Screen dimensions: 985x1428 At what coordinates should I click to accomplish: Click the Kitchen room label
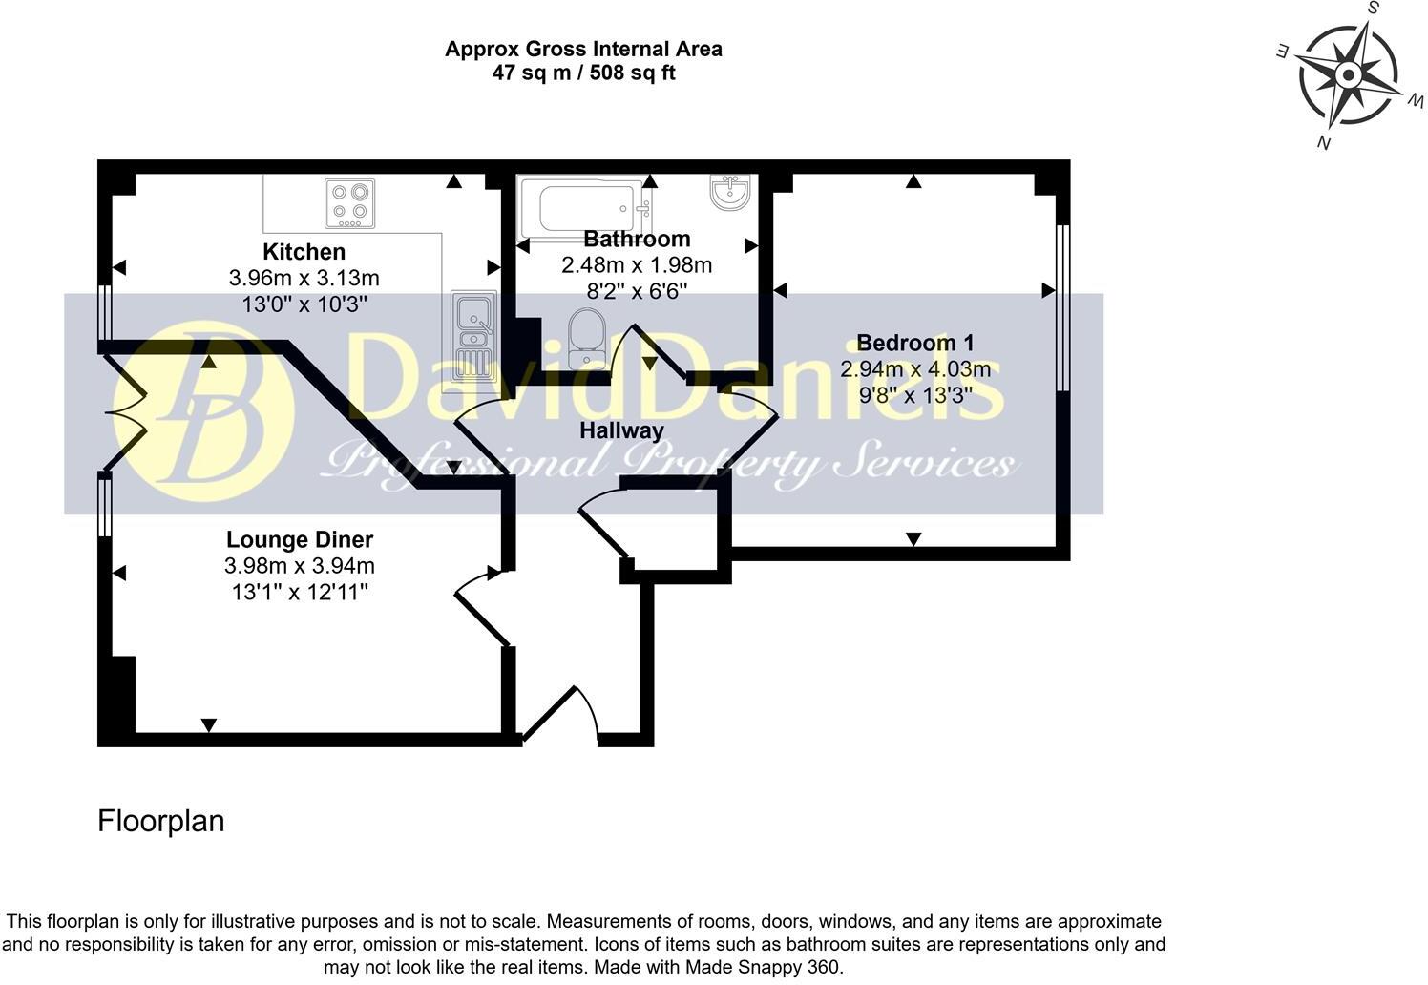coord(304,252)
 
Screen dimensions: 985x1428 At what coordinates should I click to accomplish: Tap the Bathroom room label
coord(637,239)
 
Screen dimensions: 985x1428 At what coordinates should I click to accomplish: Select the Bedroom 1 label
coord(914,343)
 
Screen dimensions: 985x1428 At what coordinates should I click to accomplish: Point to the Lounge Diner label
coord(300,540)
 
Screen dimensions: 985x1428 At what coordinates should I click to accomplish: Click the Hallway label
coord(621,430)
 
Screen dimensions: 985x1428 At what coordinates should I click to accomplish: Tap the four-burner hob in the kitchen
coord(349,203)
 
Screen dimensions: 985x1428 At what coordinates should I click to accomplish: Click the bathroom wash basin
coord(732,191)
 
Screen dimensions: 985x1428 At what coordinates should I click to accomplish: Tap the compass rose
coord(1348,74)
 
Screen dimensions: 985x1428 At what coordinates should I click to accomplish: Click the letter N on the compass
coord(1324,142)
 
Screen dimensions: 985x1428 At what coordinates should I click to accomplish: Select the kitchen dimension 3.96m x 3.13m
coord(304,279)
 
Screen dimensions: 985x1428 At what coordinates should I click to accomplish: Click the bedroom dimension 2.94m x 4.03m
coord(914,369)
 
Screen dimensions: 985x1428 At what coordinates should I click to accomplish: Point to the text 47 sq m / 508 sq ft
coord(583,73)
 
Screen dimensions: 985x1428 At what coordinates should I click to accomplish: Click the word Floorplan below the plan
coord(160,821)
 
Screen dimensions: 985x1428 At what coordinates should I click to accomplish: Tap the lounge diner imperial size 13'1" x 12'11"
coord(300,593)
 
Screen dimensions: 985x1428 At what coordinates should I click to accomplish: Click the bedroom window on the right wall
coord(1062,307)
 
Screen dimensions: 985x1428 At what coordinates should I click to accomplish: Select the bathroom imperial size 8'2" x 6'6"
coord(637,291)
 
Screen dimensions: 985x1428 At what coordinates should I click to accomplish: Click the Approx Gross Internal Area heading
coord(583,49)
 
